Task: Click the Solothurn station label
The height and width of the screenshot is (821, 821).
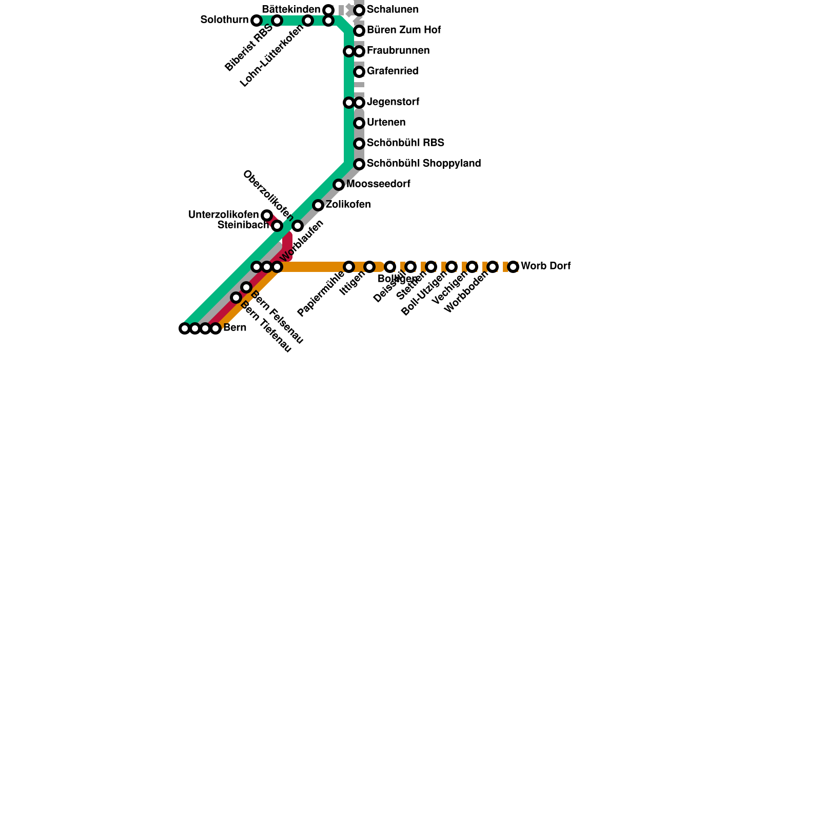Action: (x=224, y=20)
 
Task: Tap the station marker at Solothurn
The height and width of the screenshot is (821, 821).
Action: (x=257, y=21)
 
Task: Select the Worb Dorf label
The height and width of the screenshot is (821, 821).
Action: (x=545, y=266)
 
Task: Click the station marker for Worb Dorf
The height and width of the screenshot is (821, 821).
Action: (x=513, y=267)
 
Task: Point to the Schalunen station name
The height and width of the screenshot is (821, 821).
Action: (x=393, y=10)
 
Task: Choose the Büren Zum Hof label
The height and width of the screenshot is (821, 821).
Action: (x=404, y=30)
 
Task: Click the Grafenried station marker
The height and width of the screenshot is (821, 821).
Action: (x=359, y=72)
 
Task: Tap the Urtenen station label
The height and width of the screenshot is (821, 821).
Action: (x=386, y=123)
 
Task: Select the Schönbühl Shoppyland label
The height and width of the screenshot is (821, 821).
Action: (x=423, y=164)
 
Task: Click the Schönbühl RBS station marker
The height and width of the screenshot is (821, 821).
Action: (x=359, y=144)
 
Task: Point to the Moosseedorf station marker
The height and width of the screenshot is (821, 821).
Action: (x=339, y=185)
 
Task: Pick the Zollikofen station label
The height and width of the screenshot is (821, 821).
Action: (x=348, y=205)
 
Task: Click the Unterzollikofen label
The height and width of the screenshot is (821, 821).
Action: (x=223, y=214)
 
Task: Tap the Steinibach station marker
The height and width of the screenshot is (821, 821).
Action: (x=277, y=226)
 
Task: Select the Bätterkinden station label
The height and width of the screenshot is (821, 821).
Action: (x=290, y=9)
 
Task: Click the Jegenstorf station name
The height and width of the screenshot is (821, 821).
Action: (x=393, y=102)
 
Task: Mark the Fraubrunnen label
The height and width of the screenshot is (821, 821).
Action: (x=398, y=51)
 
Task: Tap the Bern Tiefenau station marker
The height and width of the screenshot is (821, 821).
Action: (x=236, y=298)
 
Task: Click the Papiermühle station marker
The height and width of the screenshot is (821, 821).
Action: (x=349, y=267)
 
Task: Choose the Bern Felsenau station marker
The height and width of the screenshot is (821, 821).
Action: (x=246, y=287)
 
